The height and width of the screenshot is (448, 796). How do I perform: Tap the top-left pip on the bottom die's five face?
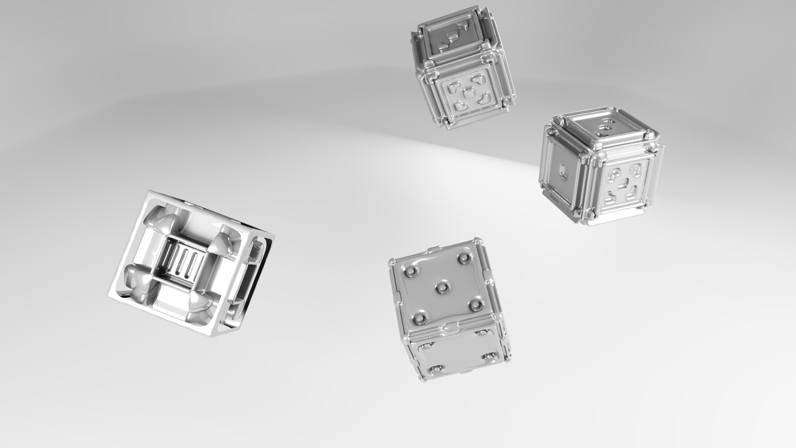[411, 272]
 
